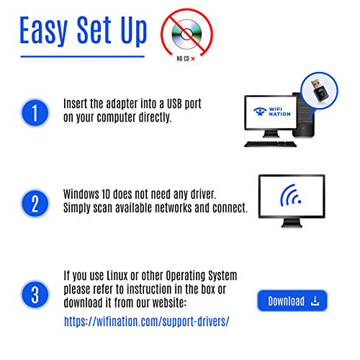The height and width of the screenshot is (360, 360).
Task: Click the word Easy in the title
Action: (x=43, y=30)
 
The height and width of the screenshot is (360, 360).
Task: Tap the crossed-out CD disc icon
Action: (x=186, y=34)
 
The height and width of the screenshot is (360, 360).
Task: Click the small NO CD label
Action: (x=183, y=58)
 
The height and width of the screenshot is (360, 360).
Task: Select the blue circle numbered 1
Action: (x=35, y=112)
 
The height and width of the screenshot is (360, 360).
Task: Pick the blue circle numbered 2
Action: (x=35, y=204)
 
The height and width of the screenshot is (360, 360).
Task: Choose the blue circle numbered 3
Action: (x=35, y=294)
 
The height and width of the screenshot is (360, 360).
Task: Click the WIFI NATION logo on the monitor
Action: (x=271, y=112)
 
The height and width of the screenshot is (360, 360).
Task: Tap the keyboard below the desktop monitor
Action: (x=271, y=144)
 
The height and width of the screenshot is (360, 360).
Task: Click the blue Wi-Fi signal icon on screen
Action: (x=290, y=196)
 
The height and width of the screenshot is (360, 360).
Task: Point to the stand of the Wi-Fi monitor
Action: (x=292, y=223)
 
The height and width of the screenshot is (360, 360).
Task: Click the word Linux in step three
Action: (x=117, y=276)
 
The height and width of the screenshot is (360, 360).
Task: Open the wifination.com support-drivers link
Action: (x=147, y=321)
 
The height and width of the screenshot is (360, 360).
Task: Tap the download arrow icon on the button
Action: (x=315, y=301)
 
